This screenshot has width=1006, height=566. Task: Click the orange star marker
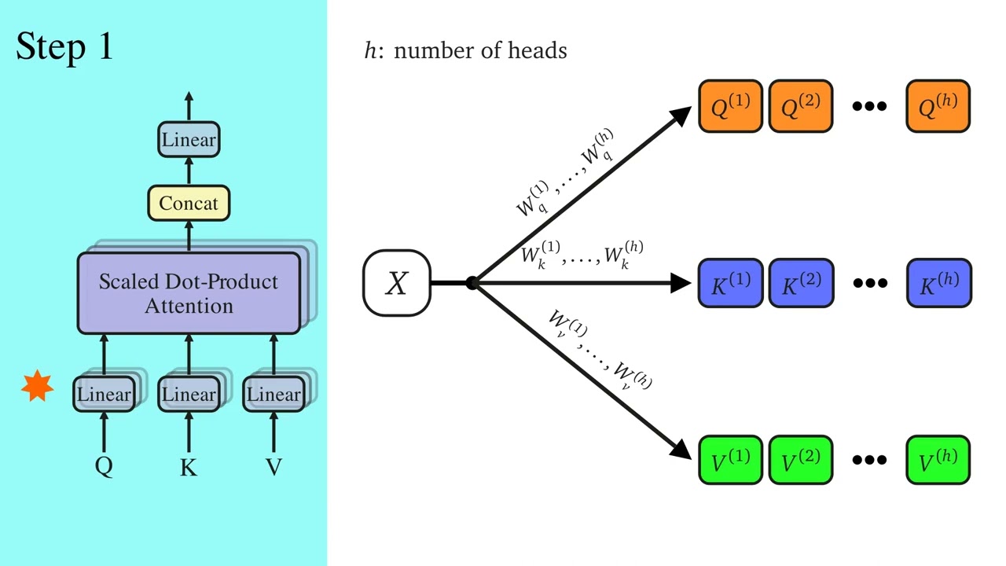tap(37, 387)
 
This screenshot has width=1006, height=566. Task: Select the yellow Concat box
tap(189, 204)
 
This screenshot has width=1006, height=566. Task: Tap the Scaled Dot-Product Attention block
tap(189, 293)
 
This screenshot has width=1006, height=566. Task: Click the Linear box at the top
tap(189, 140)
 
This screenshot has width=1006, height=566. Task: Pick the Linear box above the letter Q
tap(104, 394)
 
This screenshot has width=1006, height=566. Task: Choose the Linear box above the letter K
tap(189, 394)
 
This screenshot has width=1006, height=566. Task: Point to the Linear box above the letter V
tap(274, 394)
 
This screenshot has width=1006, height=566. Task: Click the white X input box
tap(397, 283)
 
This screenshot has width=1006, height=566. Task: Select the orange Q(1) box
tap(730, 106)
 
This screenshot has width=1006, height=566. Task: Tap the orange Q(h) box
tap(938, 106)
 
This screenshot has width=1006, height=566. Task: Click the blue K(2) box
tap(800, 283)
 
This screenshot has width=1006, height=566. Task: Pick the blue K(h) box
tap(938, 283)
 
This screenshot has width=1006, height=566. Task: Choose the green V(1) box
tap(730, 460)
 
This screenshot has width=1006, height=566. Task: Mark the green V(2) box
tap(800, 460)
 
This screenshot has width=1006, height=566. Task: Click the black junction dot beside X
tap(472, 283)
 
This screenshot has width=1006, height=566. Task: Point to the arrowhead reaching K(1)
tap(681, 283)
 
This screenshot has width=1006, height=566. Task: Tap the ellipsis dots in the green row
tap(869, 460)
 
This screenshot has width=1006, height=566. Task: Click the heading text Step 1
tap(64, 47)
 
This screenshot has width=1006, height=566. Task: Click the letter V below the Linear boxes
tap(274, 468)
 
